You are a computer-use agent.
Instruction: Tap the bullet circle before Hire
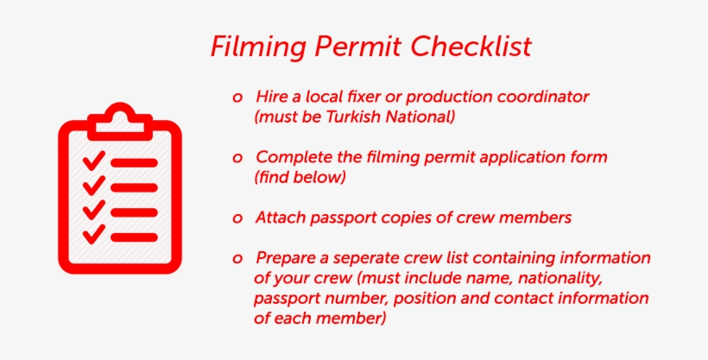(237, 97)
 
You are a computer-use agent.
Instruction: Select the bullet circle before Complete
(237, 159)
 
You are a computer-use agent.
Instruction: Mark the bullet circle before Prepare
(237, 259)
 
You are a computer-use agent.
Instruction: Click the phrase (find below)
(300, 178)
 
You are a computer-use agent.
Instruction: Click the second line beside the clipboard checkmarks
(134, 186)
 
